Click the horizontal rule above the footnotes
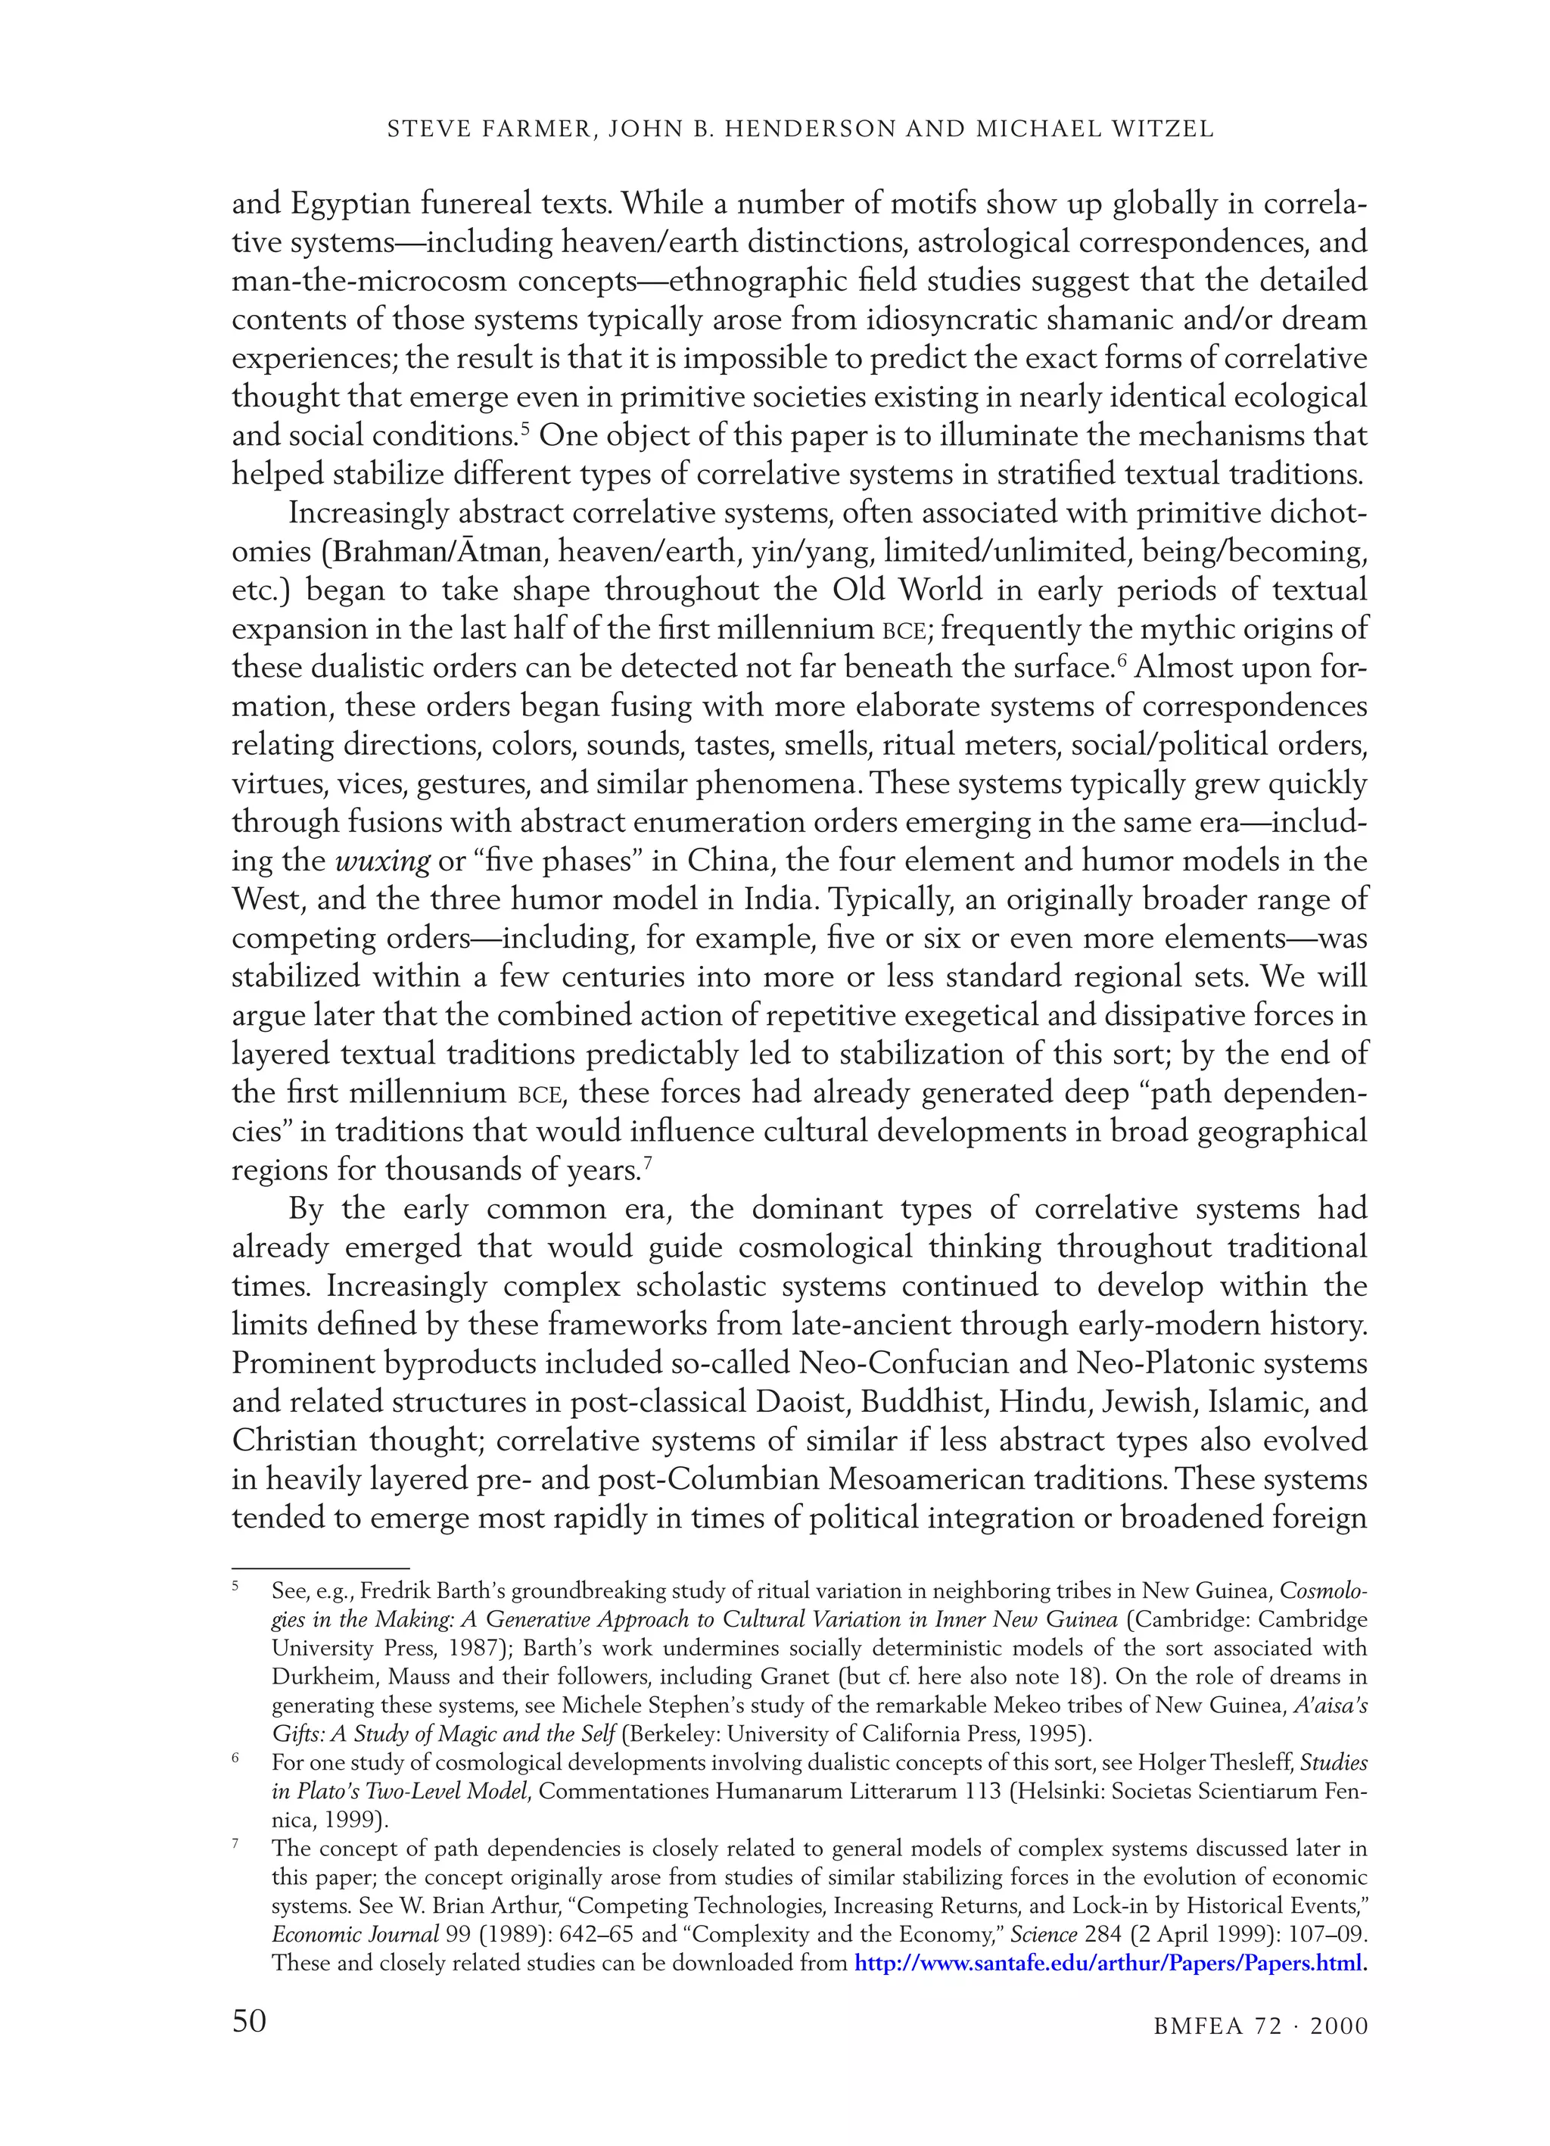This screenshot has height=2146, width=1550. point(320,1568)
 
